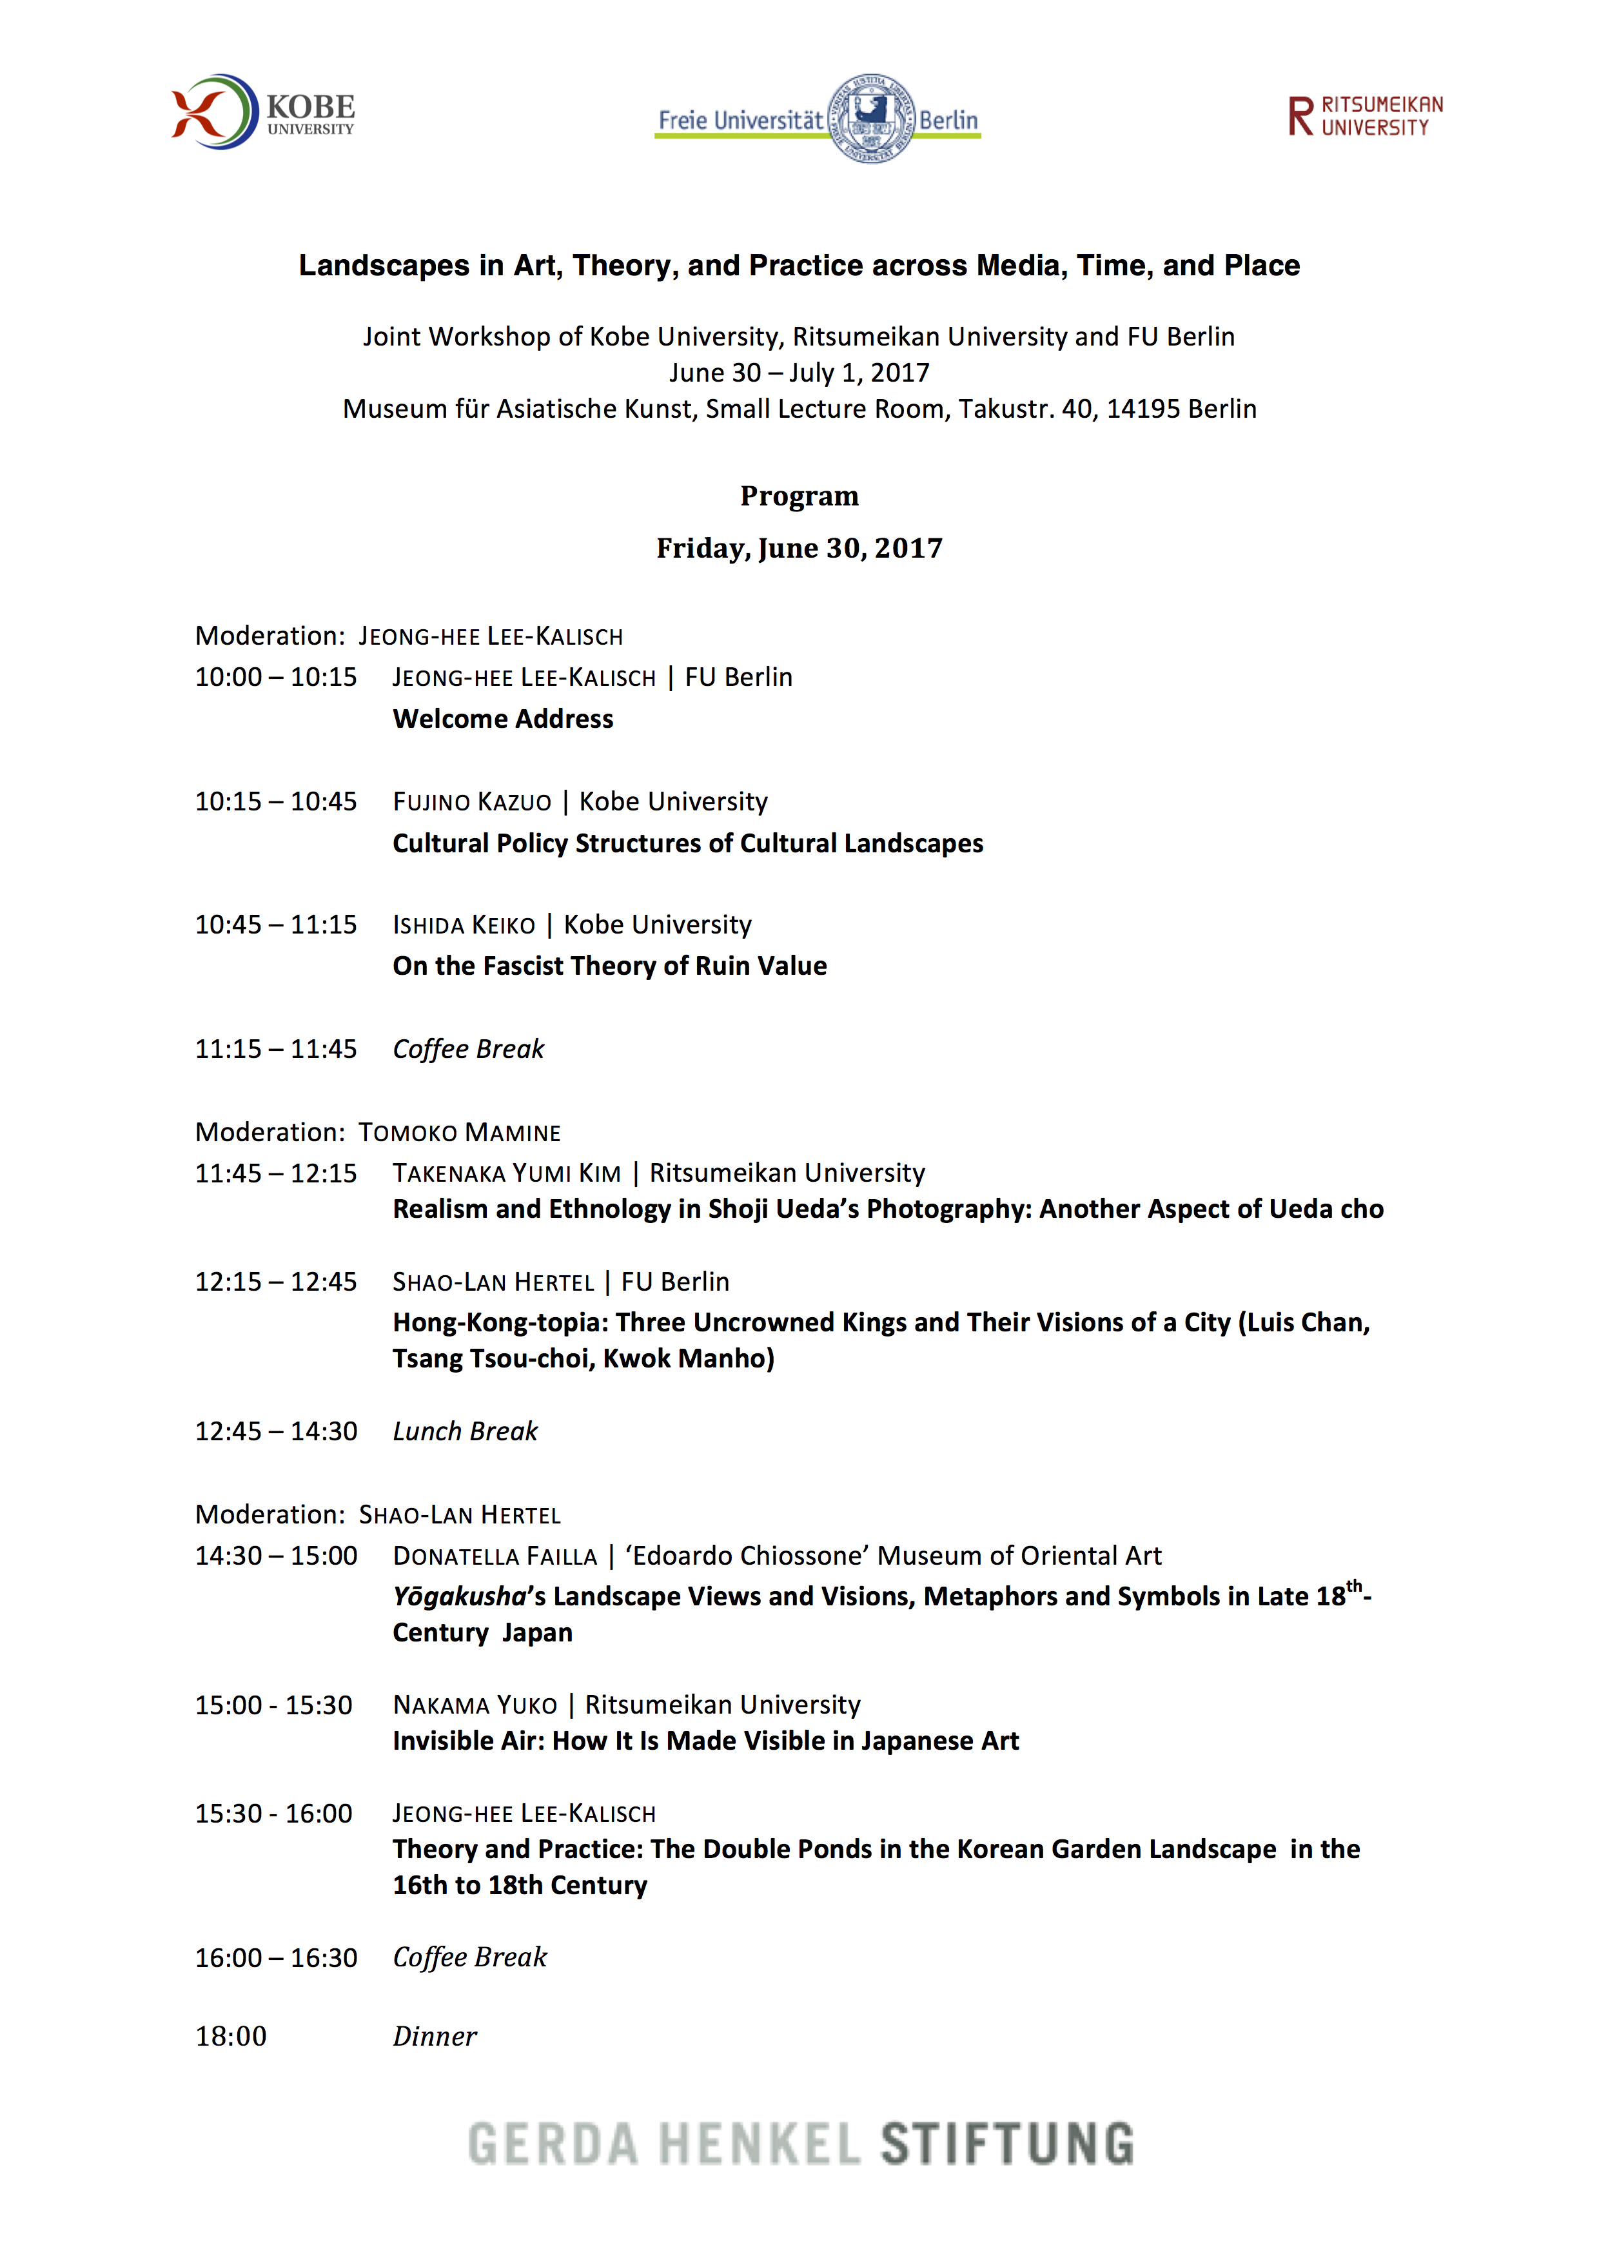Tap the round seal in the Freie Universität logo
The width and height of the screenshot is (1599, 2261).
point(870,118)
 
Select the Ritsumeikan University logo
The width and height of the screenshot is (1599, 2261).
point(1365,116)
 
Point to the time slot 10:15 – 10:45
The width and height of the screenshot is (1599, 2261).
point(276,801)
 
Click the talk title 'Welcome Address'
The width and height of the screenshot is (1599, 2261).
point(502,719)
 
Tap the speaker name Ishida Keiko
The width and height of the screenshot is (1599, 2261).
point(464,925)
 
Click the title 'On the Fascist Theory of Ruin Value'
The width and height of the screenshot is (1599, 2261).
point(609,966)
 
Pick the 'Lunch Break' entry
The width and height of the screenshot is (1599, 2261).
point(465,1431)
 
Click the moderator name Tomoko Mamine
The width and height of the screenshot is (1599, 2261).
point(459,1133)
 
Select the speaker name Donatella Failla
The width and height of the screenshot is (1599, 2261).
point(495,1556)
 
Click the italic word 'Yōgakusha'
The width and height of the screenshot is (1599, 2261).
point(459,1596)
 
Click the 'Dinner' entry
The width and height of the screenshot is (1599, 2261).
point(434,2037)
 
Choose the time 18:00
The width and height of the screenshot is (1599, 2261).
point(230,2037)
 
